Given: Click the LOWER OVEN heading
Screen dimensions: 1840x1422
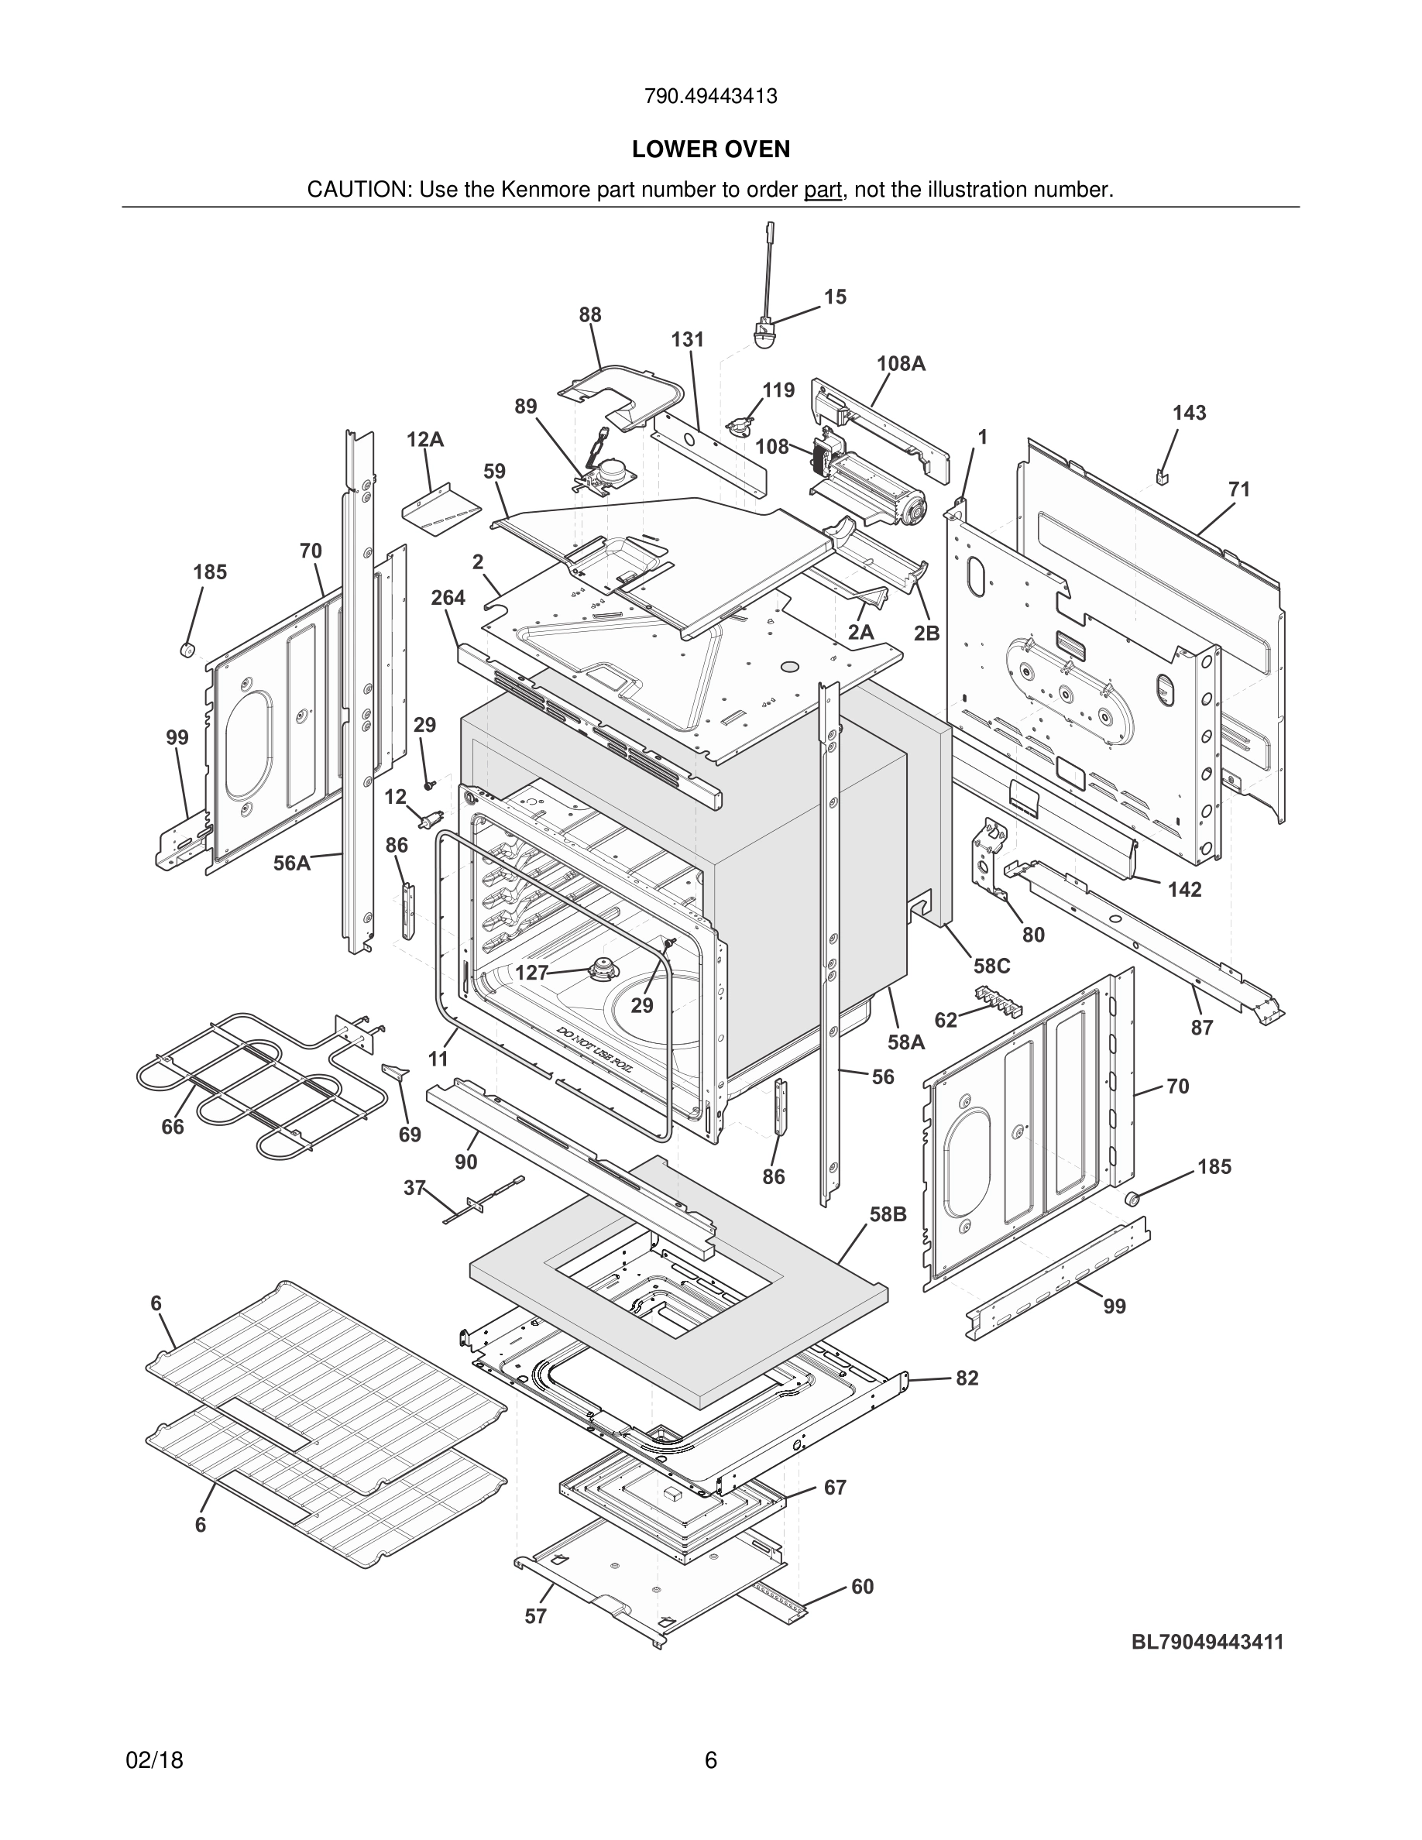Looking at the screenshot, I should pyautogui.click(x=710, y=149).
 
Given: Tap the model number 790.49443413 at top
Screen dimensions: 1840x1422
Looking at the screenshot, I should pyautogui.click(x=710, y=96).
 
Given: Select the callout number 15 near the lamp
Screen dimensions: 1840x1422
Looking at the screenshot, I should pyautogui.click(x=835, y=297).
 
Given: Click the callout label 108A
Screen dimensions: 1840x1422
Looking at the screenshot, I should pyautogui.click(x=901, y=363).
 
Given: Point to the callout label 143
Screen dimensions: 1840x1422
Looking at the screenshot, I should pyautogui.click(x=1189, y=413).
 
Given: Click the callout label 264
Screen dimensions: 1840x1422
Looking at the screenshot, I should pyautogui.click(x=448, y=597).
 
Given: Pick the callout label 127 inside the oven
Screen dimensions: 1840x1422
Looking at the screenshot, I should pyautogui.click(x=531, y=972).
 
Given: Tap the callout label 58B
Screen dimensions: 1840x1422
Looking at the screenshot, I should pyautogui.click(x=888, y=1214).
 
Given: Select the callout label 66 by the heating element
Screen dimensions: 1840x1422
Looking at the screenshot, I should pyautogui.click(x=173, y=1127).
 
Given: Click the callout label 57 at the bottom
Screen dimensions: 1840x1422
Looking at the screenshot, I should pyautogui.click(x=536, y=1616).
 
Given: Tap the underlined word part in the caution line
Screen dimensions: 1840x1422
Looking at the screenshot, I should pyautogui.click(x=823, y=191).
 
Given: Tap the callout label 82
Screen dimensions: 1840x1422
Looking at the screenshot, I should pyautogui.click(x=967, y=1378).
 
